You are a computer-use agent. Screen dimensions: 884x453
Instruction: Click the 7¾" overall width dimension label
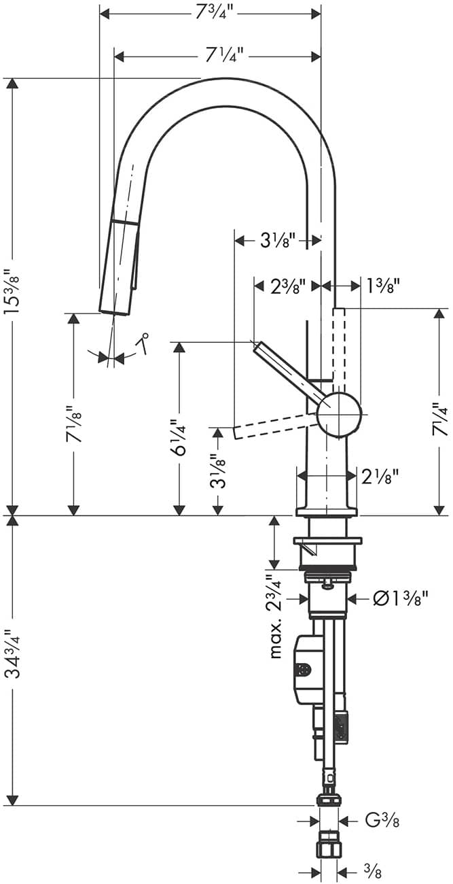click(x=211, y=13)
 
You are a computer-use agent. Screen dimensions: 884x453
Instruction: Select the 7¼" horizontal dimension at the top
click(x=223, y=56)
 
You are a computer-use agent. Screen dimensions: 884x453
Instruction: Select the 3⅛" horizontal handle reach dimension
click(x=277, y=240)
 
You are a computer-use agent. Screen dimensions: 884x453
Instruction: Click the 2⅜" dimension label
click(x=287, y=286)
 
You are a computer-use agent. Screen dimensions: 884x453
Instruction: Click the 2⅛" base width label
click(x=379, y=477)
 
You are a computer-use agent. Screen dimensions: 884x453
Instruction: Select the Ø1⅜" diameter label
click(x=400, y=599)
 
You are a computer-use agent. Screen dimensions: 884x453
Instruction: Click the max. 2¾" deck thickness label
click(x=275, y=616)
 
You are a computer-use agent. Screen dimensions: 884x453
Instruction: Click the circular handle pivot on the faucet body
click(x=338, y=413)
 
